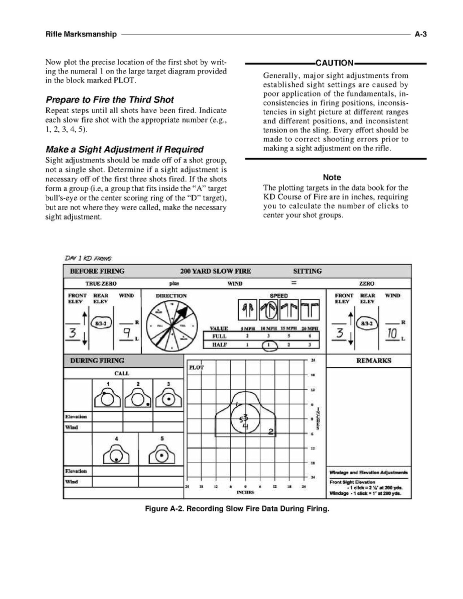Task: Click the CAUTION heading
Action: [334, 63]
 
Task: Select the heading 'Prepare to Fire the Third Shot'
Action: [109, 99]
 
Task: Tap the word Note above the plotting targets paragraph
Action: [332, 177]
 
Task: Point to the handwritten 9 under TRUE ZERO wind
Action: [127, 332]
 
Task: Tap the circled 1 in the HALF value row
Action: [268, 345]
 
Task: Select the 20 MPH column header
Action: [310, 328]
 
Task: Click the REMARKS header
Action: [373, 360]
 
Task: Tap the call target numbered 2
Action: [138, 397]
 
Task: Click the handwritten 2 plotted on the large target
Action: [270, 431]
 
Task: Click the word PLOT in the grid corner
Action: [195, 367]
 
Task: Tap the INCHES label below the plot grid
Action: [244, 492]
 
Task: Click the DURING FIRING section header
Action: [97, 360]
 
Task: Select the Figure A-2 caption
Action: [237, 509]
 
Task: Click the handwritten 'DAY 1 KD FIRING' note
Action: [87, 258]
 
